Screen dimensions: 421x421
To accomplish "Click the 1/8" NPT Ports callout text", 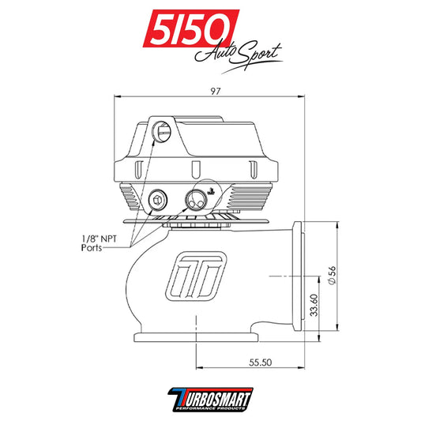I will [102, 242].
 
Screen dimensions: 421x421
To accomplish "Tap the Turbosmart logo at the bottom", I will [210, 399].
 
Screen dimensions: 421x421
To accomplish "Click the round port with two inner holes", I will [194, 199].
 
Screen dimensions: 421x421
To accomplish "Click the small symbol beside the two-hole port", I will [211, 190].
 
